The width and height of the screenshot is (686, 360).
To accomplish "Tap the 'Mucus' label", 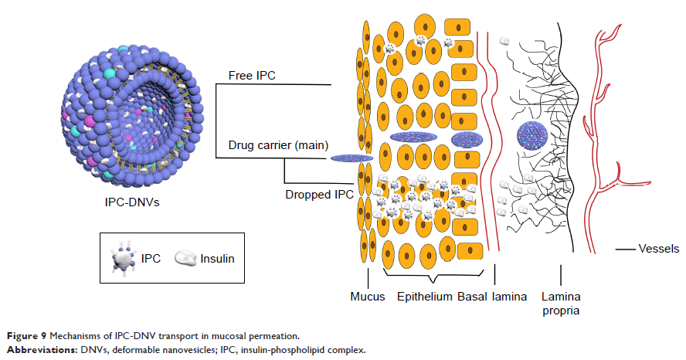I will (x=367, y=297).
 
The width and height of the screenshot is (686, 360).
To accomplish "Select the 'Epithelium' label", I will (x=424, y=297).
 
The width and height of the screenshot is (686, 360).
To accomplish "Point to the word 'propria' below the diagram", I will (x=560, y=311).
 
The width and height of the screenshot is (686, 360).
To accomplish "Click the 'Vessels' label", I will (x=658, y=249).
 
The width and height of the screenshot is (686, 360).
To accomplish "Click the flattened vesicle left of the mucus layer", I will (x=352, y=158).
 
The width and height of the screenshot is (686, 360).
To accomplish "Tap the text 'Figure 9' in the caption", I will (x=24, y=336).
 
